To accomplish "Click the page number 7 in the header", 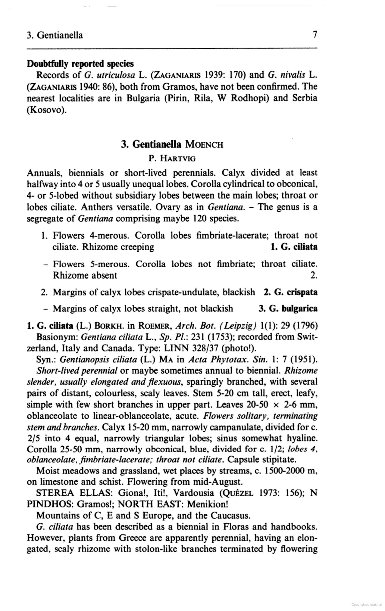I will tap(315, 35).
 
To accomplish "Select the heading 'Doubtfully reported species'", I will tap(80, 64).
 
